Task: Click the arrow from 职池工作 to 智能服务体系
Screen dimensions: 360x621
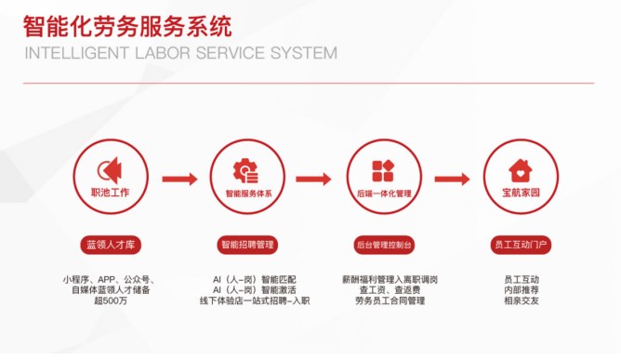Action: tap(179, 179)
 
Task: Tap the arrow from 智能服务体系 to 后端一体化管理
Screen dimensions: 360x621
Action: tap(314, 179)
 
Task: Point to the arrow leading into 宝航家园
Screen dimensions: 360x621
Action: tap(452, 179)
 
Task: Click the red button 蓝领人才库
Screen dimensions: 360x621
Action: tap(109, 245)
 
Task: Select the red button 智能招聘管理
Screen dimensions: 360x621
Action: tap(247, 245)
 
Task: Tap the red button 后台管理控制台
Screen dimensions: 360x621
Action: tap(384, 245)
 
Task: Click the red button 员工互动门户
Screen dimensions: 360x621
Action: tap(521, 245)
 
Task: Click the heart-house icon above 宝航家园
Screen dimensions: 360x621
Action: tap(521, 169)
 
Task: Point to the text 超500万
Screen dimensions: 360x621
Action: tap(110, 301)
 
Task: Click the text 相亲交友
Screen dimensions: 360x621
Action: tap(521, 301)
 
